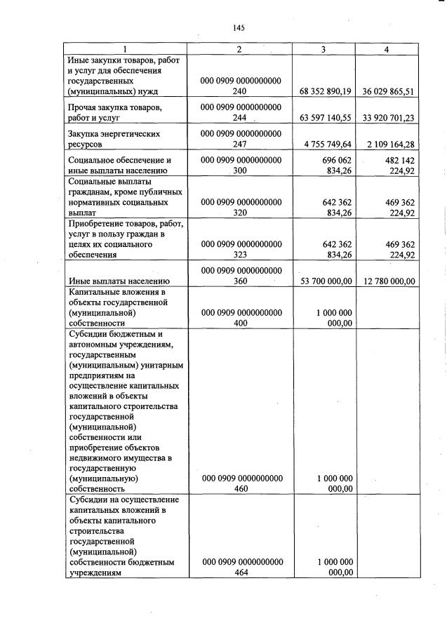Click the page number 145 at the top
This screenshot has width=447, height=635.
pyautogui.click(x=238, y=28)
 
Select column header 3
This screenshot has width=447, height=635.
pyautogui.click(x=323, y=49)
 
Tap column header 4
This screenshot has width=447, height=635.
pyautogui.click(x=387, y=49)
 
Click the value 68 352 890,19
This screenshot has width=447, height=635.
pyautogui.click(x=323, y=91)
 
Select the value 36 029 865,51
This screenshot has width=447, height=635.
pyautogui.click(x=388, y=91)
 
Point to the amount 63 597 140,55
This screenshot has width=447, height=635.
pyautogui.click(x=323, y=118)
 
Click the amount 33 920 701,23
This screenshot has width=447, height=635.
pyautogui.click(x=388, y=118)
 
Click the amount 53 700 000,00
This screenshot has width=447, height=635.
pyautogui.click(x=323, y=281)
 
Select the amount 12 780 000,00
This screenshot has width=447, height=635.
pyautogui.click(x=388, y=281)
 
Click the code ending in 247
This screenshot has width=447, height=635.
pyautogui.click(x=241, y=138)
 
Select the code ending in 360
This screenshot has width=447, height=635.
pyautogui.click(x=241, y=276)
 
